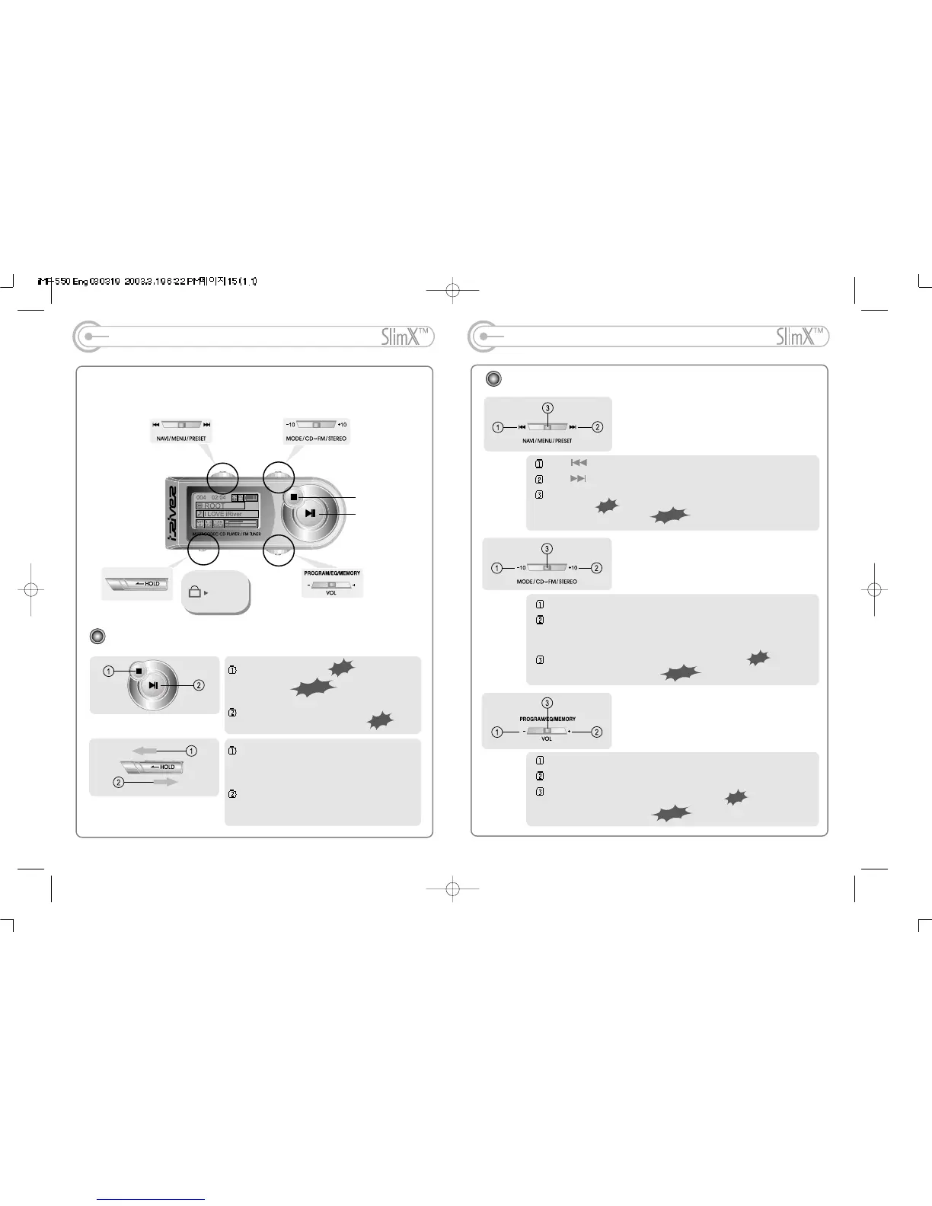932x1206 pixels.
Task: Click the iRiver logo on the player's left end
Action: [x=172, y=515]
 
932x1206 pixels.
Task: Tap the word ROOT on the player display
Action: [x=215, y=506]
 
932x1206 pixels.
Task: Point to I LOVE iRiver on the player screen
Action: [x=223, y=514]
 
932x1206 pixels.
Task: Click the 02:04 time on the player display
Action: [x=219, y=498]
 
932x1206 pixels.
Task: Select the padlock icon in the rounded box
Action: [x=195, y=592]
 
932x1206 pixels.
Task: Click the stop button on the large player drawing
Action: [x=293, y=497]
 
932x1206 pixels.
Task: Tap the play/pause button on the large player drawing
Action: [x=310, y=513]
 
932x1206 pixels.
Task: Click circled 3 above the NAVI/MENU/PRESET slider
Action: [x=547, y=408]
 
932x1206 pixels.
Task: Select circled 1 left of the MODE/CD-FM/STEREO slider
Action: [x=497, y=568]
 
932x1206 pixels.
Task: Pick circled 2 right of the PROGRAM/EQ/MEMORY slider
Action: [x=597, y=732]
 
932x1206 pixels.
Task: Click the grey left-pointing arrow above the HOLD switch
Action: [x=144, y=751]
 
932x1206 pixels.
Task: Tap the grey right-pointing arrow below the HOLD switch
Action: [x=165, y=781]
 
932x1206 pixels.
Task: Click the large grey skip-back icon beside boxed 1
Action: [x=579, y=463]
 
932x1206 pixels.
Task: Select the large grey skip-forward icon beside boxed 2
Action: [x=579, y=479]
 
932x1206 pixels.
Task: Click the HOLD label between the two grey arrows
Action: [x=168, y=767]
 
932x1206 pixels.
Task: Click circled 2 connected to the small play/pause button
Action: [x=199, y=685]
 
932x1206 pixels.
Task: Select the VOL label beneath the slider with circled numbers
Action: [x=547, y=739]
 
